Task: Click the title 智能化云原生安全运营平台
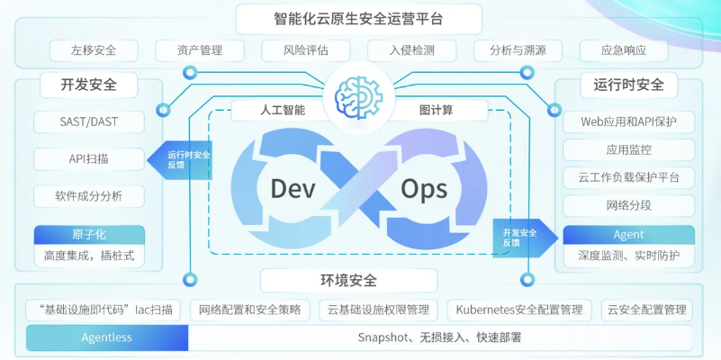coord(359,17)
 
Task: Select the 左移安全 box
coord(95,50)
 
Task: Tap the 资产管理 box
coord(201,50)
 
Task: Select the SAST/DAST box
coord(88,121)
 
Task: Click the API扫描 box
coord(88,159)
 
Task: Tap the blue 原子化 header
coord(88,235)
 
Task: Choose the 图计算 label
coord(436,111)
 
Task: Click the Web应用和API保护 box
coord(628,121)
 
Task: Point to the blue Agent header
coord(628,235)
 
